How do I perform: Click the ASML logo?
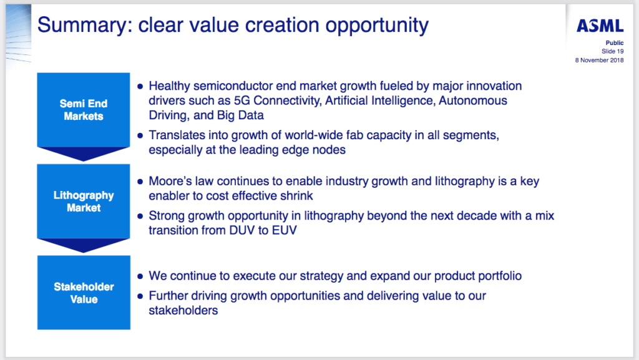(600, 26)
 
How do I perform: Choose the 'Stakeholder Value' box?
(84, 293)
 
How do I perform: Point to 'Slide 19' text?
(613, 51)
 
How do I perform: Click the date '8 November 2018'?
(599, 61)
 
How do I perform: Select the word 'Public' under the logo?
(615, 43)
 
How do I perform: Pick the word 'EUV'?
(285, 230)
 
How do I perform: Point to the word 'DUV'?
(242, 230)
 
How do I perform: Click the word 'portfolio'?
(500, 276)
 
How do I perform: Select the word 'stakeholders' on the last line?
(183, 310)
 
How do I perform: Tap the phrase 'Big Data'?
(240, 115)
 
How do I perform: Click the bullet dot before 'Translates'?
(140, 135)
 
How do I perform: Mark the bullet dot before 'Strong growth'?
(140, 216)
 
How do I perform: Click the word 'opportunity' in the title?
(377, 26)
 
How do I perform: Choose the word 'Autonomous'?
(473, 100)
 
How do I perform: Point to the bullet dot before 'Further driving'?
(140, 296)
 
